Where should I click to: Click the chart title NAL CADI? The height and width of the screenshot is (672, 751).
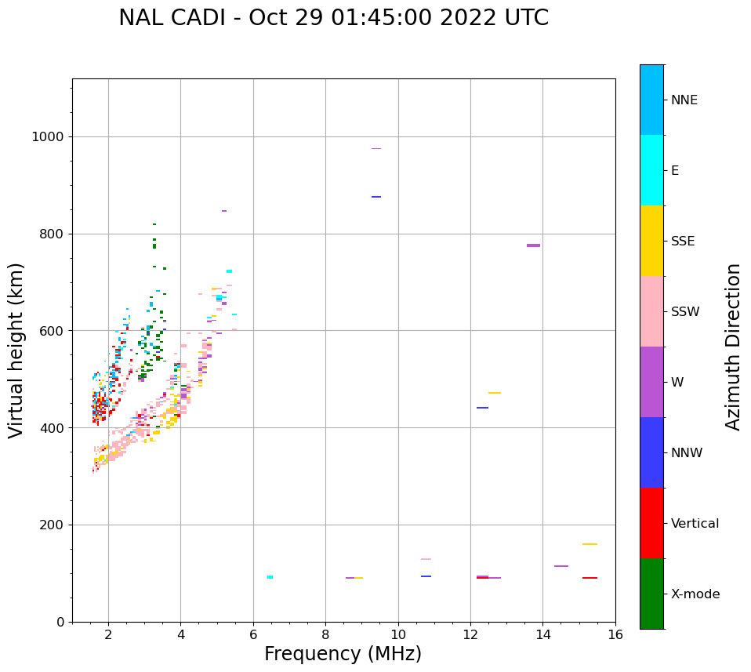point(333,18)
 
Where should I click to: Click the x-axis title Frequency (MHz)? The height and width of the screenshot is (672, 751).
point(343,654)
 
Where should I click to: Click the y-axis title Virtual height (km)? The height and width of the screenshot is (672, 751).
point(16,350)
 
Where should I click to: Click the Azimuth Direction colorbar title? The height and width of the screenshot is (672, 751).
point(733,346)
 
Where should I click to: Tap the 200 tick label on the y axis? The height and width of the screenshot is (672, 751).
point(53,525)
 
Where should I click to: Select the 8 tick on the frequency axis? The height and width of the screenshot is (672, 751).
point(325,634)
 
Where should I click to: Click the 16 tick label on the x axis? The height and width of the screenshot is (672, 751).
point(615,634)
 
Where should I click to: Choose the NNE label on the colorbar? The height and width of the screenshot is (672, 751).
point(684,100)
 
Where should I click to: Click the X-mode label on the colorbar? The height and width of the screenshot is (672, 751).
point(695,594)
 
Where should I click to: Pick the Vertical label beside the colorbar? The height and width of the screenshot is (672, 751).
point(695,524)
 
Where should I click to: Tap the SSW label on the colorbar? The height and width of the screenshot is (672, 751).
point(685,312)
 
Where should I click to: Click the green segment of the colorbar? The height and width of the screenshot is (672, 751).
point(651,594)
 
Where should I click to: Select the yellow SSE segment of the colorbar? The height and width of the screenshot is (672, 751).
point(651,241)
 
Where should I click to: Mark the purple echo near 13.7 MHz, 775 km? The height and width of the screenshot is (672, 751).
point(533,245)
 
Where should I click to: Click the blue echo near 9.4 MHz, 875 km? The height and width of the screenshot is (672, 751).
point(376,197)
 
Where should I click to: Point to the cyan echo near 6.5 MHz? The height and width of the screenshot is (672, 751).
point(270,577)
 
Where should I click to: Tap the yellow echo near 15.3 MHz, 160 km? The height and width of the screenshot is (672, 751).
point(590,544)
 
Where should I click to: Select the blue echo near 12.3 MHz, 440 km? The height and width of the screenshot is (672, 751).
point(482,408)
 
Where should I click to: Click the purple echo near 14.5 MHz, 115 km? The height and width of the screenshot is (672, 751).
point(561,566)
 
